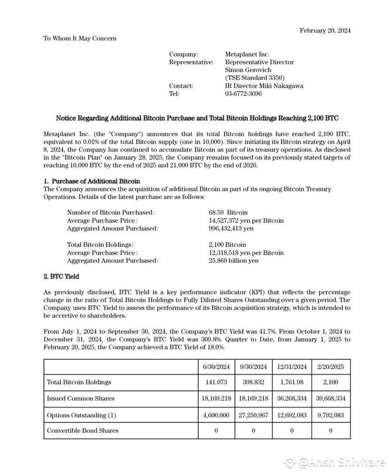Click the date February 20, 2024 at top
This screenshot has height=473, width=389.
point(325,31)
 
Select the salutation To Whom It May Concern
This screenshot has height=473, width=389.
point(80,38)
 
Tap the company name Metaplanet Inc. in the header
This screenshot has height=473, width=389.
point(247,55)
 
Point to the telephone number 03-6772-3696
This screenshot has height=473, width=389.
point(243,94)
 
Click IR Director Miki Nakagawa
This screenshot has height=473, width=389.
point(264,86)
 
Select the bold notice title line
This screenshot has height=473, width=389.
point(197,118)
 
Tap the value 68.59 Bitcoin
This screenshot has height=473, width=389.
point(228,213)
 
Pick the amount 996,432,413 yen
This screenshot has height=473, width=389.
point(231,228)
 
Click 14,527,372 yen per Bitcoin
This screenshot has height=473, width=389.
point(246,220)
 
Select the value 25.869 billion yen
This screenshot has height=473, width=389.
point(233,260)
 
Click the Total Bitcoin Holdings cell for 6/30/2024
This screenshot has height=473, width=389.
point(214,382)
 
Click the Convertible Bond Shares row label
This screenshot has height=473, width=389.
point(83,431)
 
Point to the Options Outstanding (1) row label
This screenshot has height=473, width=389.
point(81,415)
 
